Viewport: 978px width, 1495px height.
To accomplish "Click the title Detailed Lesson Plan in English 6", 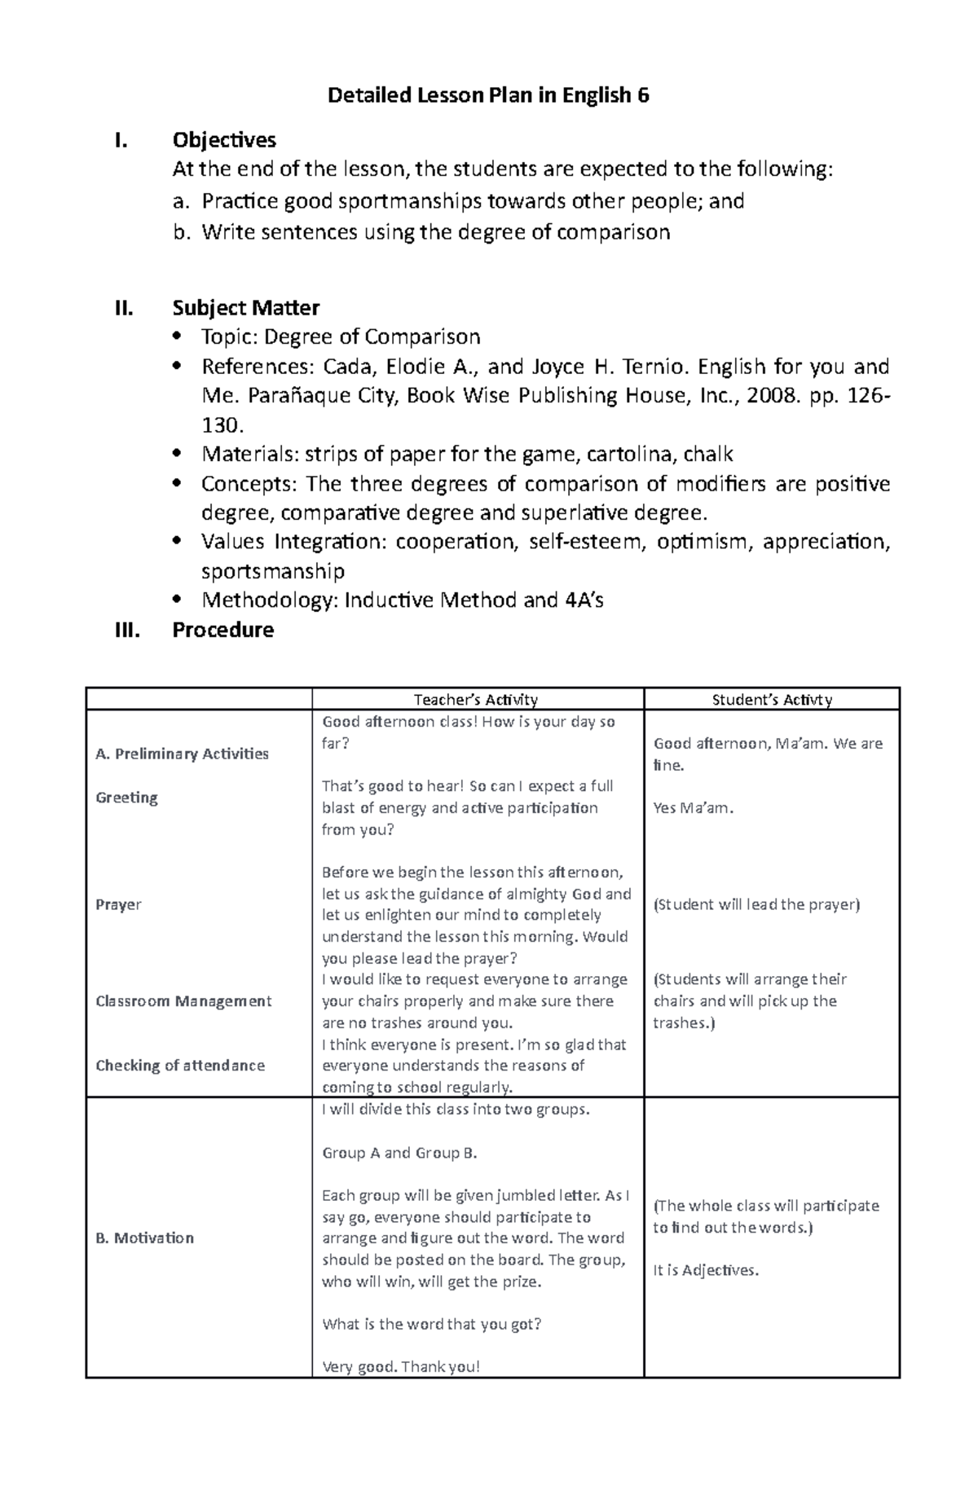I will [487, 96].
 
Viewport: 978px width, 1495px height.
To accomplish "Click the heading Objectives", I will [224, 140].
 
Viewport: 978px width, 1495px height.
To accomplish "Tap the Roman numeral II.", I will [123, 308].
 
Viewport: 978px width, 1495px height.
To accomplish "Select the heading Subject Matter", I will [245, 308].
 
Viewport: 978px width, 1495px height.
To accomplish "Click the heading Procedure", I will [222, 630].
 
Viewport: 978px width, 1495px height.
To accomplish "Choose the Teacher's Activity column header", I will [476, 699].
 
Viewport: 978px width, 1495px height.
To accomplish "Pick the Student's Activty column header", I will [771, 699].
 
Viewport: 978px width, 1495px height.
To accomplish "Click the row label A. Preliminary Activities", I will [182, 754].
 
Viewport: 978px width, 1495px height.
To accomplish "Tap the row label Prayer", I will [118, 904].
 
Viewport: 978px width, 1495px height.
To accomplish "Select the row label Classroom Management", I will [183, 1000].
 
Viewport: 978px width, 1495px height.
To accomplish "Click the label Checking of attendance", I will [180, 1065].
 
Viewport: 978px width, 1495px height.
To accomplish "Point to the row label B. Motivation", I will [144, 1238].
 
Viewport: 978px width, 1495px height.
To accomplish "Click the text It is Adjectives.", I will [706, 1270].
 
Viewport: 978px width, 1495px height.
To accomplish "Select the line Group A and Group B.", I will [399, 1153].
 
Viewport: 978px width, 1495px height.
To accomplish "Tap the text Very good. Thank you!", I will [401, 1367].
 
